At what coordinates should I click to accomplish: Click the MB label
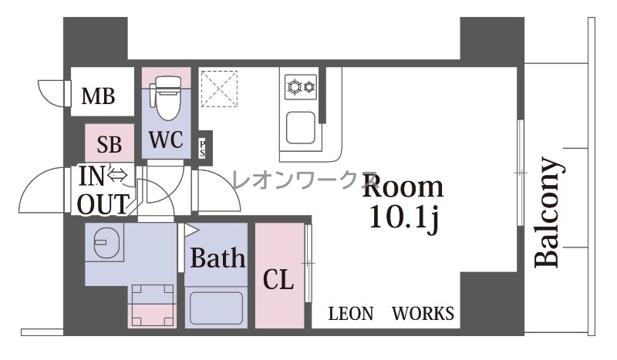pos(99,96)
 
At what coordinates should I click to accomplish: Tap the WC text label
pos(166,140)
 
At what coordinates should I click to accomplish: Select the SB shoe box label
pos(110,144)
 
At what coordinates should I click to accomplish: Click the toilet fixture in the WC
pos(169,98)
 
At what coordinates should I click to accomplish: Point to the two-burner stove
pos(301,86)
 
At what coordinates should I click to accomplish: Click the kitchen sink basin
pos(301,127)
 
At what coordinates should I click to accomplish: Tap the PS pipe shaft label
pos(202,148)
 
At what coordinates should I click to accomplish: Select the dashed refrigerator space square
pos(219,89)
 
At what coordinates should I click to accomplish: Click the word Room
pos(403,187)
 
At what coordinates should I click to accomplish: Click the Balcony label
pos(548,213)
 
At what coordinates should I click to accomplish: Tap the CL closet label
pos(278,279)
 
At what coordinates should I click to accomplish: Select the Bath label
pos(218,257)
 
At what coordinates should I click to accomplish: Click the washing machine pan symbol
pos(153,305)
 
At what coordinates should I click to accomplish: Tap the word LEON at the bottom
pos(351,314)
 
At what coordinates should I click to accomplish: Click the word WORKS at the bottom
pos(423,314)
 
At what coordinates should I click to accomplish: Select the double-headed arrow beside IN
pos(117,175)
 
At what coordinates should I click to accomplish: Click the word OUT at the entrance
pos(103,204)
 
